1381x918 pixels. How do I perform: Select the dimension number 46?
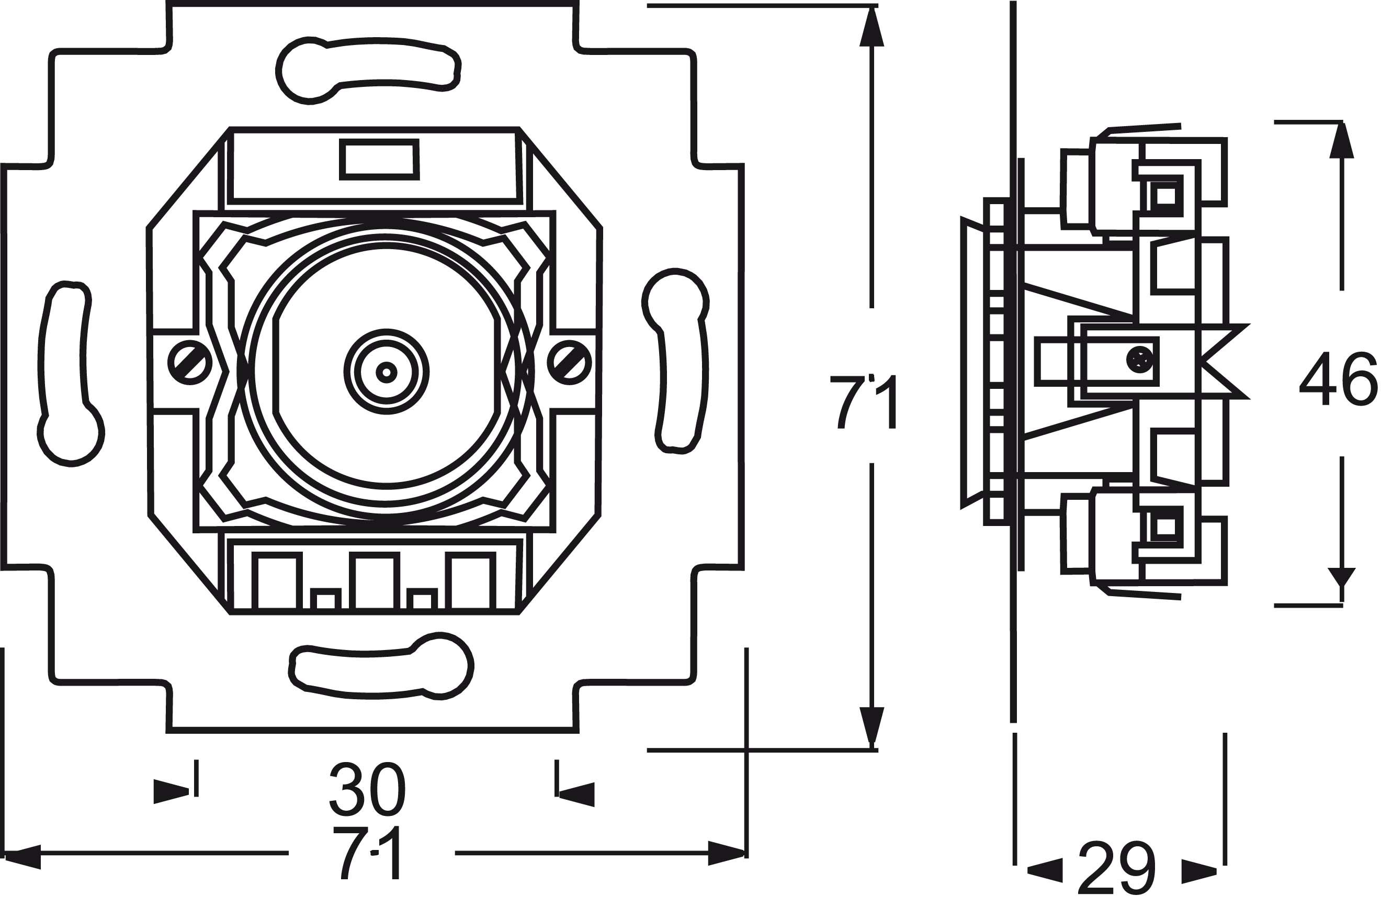tap(1338, 379)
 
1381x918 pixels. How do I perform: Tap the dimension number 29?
tap(1116, 868)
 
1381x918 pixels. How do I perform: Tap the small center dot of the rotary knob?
tap(386, 372)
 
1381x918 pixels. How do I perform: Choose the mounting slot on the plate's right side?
tap(679, 360)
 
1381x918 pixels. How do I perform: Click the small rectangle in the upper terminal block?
tap(379, 159)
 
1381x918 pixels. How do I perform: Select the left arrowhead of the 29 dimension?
tap(1044, 870)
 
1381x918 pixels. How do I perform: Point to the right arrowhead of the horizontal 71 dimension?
tap(726, 853)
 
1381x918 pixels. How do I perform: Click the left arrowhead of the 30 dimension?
tap(171, 791)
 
